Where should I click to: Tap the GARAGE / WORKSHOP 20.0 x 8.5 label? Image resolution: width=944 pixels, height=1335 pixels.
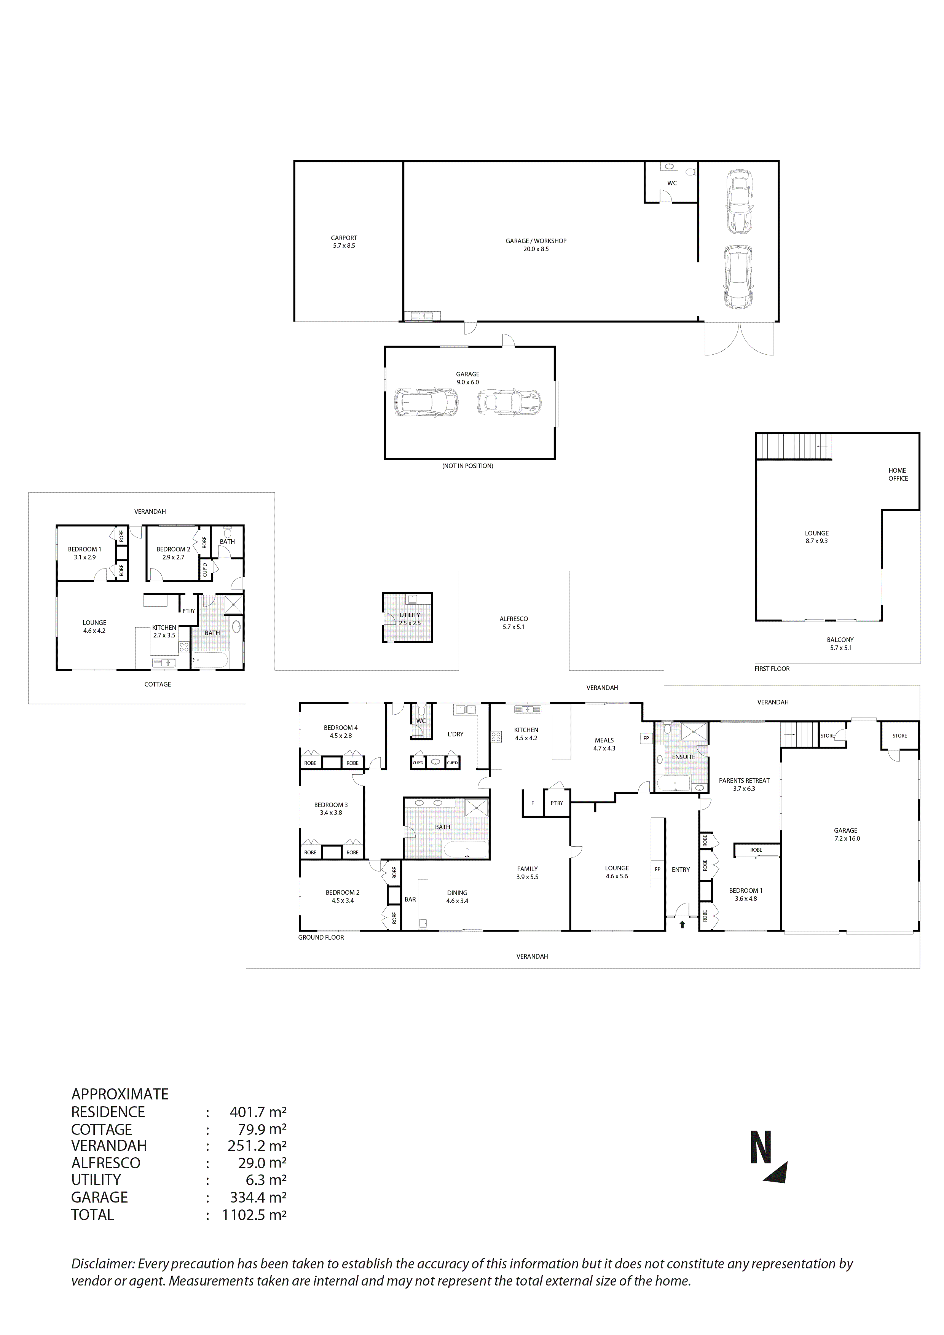(536, 245)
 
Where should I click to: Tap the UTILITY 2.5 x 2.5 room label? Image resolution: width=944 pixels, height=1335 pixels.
(410, 619)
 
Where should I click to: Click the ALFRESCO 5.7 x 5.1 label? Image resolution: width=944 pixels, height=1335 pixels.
(513, 623)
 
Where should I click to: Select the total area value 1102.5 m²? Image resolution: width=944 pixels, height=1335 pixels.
(254, 1215)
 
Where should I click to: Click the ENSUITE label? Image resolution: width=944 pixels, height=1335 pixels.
(683, 757)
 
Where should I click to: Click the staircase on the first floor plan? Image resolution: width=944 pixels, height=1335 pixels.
(794, 446)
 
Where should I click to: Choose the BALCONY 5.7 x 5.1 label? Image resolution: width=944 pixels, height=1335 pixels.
(840, 644)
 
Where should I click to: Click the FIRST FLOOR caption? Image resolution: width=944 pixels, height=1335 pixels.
(772, 669)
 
